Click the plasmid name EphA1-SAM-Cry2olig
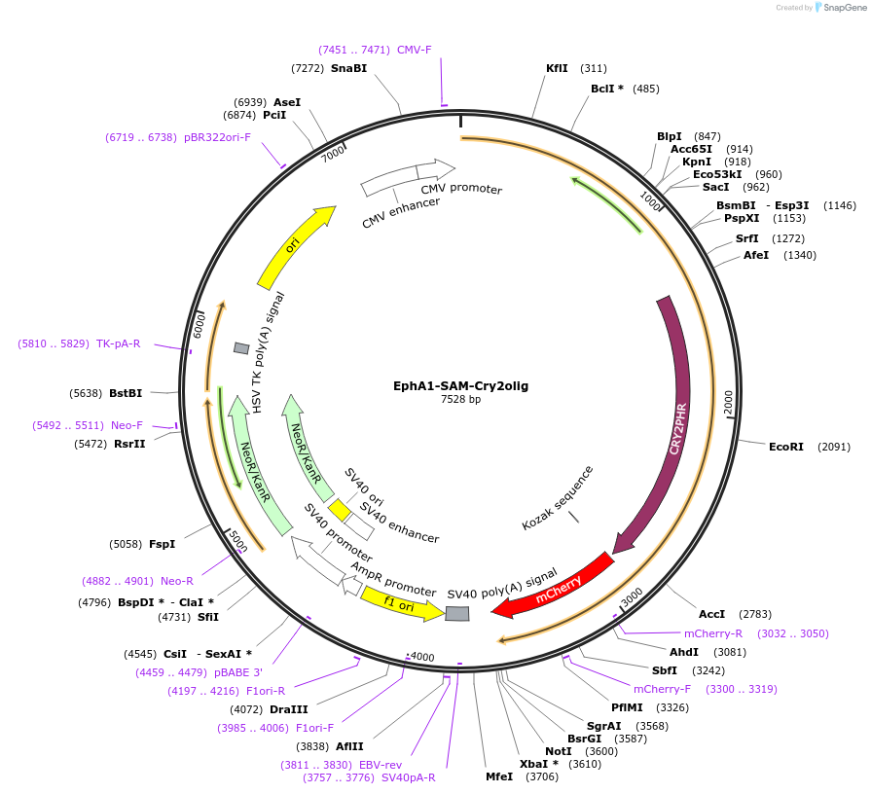tap(460, 386)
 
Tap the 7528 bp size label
tap(460, 400)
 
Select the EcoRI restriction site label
tap(786, 447)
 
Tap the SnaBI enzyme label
tap(348, 68)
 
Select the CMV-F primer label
tap(414, 50)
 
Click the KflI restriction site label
tap(557, 68)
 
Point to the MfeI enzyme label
tap(499, 776)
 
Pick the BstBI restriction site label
tap(126, 393)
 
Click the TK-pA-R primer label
tap(118, 343)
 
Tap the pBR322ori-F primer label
tap(217, 137)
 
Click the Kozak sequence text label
tap(558, 498)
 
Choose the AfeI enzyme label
tap(756, 255)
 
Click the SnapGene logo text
tap(843, 8)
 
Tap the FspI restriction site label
tap(162, 544)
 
